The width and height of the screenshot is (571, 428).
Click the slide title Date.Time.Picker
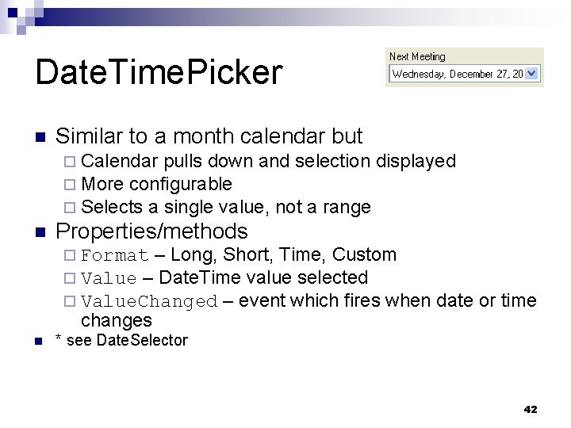[158, 73]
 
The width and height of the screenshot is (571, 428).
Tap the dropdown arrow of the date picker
[531, 73]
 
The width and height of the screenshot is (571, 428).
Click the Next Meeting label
[417, 56]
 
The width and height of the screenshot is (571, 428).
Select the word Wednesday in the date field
[420, 73]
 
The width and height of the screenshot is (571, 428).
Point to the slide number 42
[531, 409]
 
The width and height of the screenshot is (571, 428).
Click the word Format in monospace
[115, 255]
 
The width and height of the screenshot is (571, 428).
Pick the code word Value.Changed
[149, 302]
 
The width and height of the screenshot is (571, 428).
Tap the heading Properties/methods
[151, 231]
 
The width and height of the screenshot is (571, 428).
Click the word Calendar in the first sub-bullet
[120, 162]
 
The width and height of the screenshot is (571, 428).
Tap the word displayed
[416, 162]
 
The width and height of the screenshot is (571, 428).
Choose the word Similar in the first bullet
[88, 136]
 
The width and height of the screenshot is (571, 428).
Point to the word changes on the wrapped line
[116, 320]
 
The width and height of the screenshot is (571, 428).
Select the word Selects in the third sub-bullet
[112, 208]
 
